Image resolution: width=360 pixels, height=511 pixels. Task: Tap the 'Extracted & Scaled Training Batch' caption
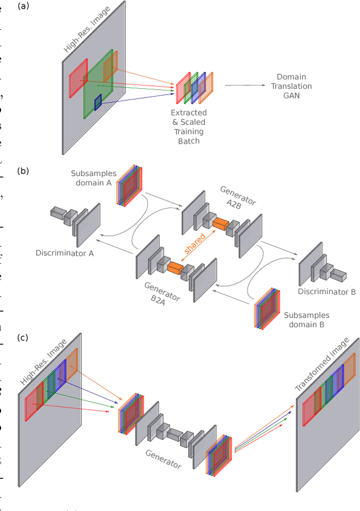click(x=188, y=126)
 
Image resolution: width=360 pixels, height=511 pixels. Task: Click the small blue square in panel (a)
click(x=98, y=102)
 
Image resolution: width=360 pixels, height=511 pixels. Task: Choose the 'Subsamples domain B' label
click(x=307, y=320)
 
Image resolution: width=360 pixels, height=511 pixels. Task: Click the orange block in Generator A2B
click(x=220, y=224)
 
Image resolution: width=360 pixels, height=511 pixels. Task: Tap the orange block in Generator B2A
click(x=175, y=269)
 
